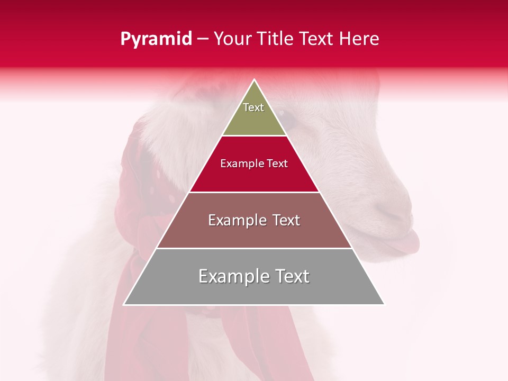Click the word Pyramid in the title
pyautogui.click(x=156, y=39)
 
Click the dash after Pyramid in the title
pyautogui.click(x=203, y=39)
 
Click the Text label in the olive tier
pyautogui.click(x=253, y=107)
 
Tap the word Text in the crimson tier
pyautogui.click(x=277, y=164)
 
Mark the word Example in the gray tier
pyautogui.click(x=232, y=276)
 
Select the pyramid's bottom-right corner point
pyautogui.click(x=384, y=305)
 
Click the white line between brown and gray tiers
pyautogui.click(x=254, y=248)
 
